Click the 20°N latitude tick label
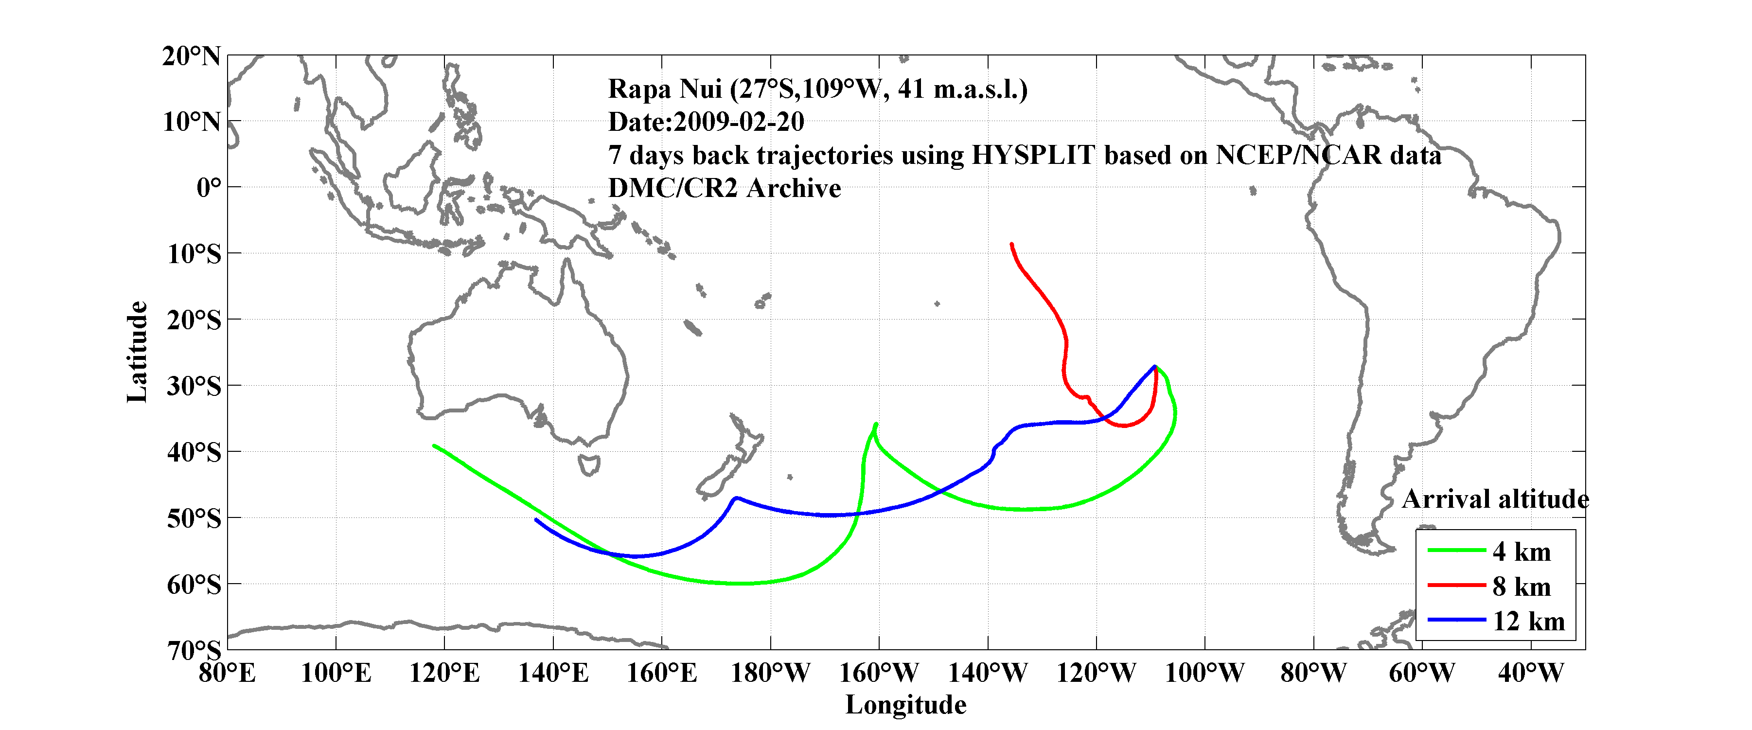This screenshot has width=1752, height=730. tap(191, 56)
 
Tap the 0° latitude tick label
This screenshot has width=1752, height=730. tap(209, 188)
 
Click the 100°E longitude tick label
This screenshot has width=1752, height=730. tap(336, 674)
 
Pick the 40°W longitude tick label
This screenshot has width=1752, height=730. tap(1530, 674)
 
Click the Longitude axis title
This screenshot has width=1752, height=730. tap(905, 705)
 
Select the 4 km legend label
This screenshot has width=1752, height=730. tap(1522, 552)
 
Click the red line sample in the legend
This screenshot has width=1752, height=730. tap(1456, 585)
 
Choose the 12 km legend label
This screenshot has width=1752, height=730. tap(1528, 621)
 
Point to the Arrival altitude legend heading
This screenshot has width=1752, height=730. tap(1495, 499)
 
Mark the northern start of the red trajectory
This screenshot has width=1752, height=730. tap(1012, 244)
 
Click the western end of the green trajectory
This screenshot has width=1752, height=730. tap(434, 445)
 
